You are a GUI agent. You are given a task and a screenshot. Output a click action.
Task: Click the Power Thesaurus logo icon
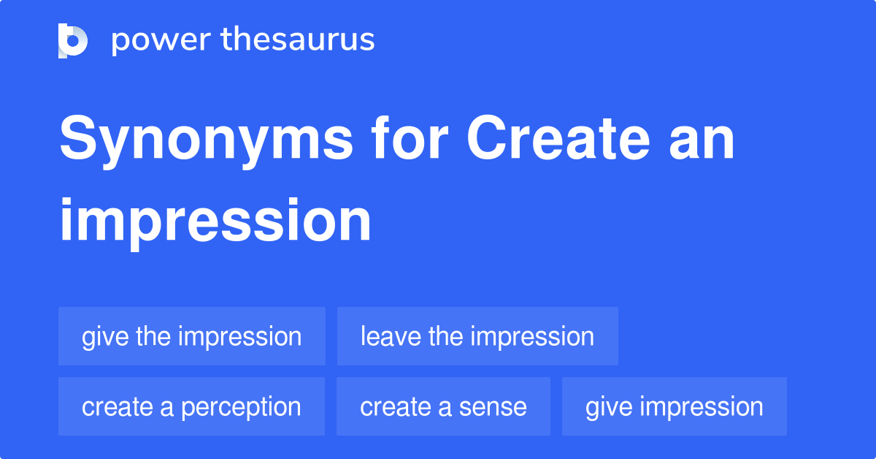tap(73, 41)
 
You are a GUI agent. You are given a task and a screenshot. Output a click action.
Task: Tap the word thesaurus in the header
tap(298, 39)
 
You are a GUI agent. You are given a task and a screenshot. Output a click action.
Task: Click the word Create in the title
tap(558, 138)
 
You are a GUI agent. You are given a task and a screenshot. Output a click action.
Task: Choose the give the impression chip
tap(192, 336)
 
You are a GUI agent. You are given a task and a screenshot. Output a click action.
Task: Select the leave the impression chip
tap(477, 336)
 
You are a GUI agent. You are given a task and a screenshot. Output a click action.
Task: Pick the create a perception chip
tap(191, 406)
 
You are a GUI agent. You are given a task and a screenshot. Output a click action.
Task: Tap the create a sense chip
tap(444, 406)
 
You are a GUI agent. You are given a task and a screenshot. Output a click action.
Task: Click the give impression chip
tap(675, 406)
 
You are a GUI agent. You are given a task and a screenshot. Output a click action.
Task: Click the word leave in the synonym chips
tap(391, 336)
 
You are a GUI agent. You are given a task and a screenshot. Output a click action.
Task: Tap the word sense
tap(493, 407)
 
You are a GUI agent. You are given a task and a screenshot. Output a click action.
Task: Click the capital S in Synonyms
tap(78, 138)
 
